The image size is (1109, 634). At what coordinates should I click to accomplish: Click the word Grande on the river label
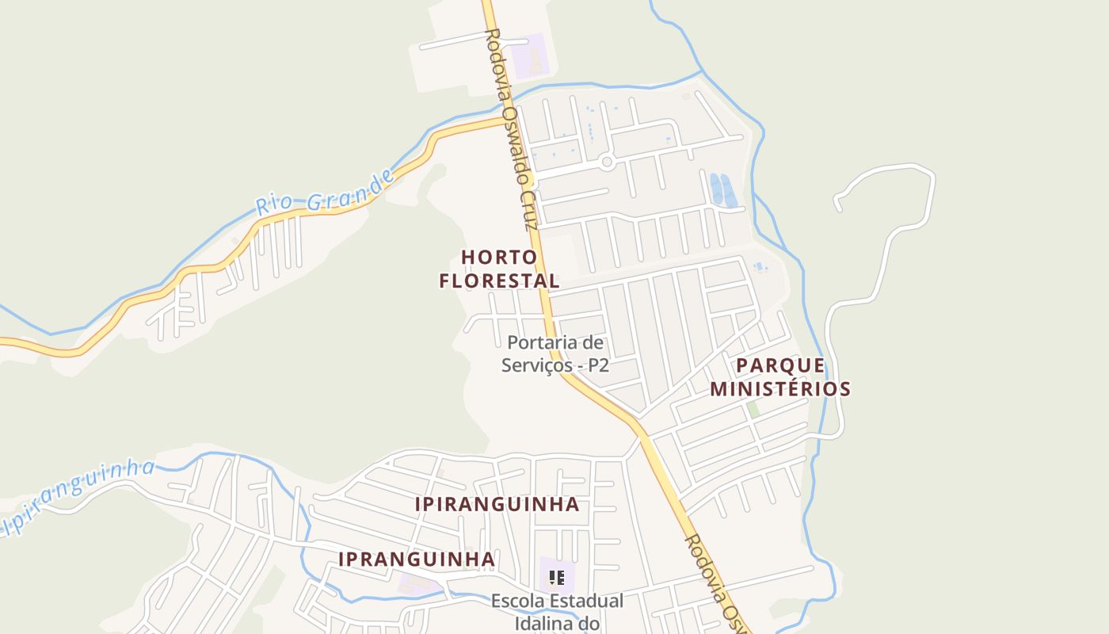(351, 189)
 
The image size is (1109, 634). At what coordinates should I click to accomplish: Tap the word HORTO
(499, 257)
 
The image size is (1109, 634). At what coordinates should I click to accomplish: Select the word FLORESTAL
(500, 281)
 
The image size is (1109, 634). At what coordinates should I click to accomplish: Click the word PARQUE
(780, 365)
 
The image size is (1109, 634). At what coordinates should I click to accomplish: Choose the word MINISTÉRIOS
(780, 389)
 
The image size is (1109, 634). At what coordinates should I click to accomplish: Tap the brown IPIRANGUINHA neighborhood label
(497, 504)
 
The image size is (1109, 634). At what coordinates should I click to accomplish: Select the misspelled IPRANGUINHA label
(417, 559)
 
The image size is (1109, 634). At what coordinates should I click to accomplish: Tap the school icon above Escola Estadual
(557, 578)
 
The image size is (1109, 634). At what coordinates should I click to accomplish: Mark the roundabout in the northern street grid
(608, 162)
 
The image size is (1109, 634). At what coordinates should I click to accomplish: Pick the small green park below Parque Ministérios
(753, 410)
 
